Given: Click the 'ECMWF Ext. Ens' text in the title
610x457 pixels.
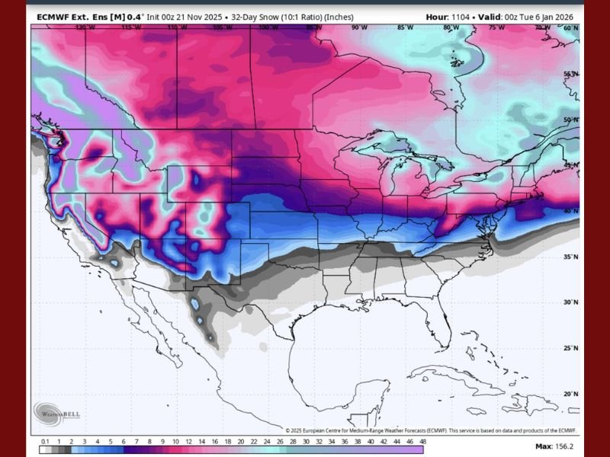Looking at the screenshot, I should [x=66, y=16].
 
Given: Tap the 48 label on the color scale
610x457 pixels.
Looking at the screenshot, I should [x=421, y=442].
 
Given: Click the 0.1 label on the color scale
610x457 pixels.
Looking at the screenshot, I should [x=45, y=442].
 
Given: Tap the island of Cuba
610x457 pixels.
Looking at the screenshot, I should [x=442, y=373].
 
